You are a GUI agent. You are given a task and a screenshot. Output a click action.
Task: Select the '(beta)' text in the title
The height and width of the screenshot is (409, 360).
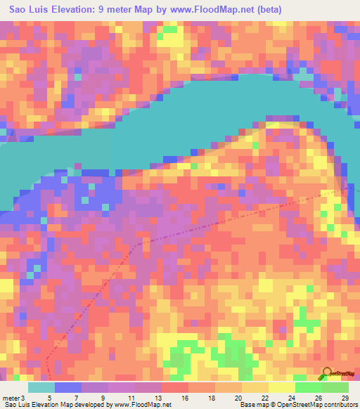272,10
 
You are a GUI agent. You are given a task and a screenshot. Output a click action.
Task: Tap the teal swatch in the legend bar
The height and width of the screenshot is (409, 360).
41,387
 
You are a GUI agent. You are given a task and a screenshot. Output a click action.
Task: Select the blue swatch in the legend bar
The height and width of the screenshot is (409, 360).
68,387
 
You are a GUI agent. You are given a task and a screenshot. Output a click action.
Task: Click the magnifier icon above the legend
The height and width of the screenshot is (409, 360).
326,374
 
